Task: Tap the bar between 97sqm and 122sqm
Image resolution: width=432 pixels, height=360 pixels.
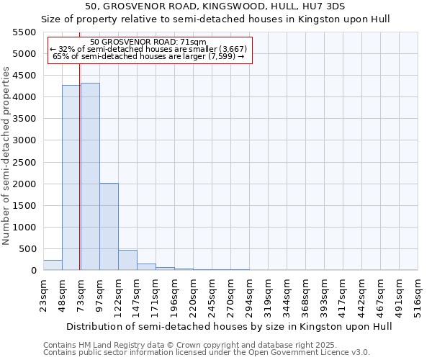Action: click(109, 227)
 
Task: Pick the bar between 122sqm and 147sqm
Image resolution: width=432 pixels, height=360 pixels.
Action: click(127, 260)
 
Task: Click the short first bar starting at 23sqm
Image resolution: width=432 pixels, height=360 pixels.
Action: click(53, 265)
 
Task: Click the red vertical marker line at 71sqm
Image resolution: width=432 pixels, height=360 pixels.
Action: click(80, 180)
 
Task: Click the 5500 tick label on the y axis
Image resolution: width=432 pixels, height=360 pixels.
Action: click(24, 32)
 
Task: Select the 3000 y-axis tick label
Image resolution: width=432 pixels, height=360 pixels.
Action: click(24, 140)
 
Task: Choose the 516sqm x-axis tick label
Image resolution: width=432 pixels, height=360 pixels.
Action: click(418, 294)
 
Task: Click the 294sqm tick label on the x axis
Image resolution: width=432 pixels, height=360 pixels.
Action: click(249, 294)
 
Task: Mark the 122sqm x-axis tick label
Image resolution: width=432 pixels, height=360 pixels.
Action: click(118, 294)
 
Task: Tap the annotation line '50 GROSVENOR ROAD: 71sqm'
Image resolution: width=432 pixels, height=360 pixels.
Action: click(149, 42)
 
